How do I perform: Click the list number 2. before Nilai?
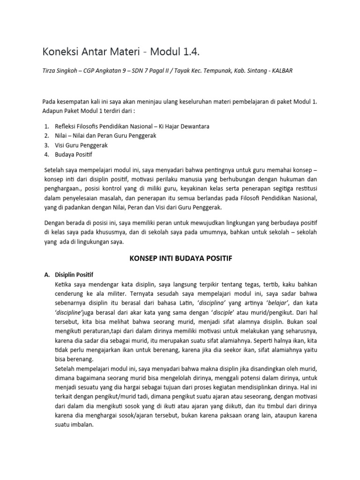point(46,135)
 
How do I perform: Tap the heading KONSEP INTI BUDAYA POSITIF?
point(180,258)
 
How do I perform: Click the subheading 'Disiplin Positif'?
point(77,274)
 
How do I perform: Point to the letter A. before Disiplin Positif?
point(46,274)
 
